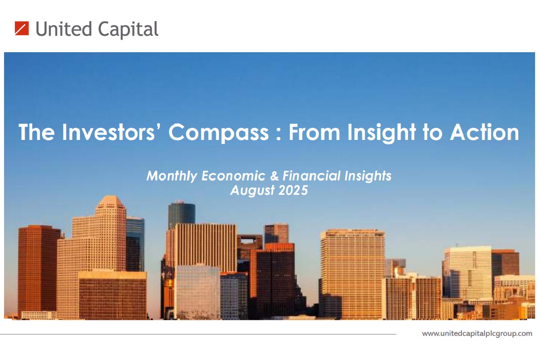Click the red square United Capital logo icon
pyautogui.click(x=22, y=28)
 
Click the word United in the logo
pyautogui.click(x=64, y=29)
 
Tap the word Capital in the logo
pyautogui.click(x=128, y=30)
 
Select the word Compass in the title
pyautogui.click(x=218, y=133)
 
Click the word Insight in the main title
pyautogui.click(x=382, y=133)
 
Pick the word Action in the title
pyautogui.click(x=485, y=132)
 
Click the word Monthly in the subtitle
pyautogui.click(x=172, y=176)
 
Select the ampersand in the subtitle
pyautogui.click(x=274, y=175)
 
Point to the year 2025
pyautogui.click(x=293, y=190)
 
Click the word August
pyautogui.click(x=252, y=191)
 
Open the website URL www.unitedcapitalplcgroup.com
pyautogui.click(x=477, y=334)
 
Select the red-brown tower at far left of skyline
pyautogui.click(x=38, y=268)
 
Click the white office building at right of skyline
pyautogui.click(x=467, y=272)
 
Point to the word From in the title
pyautogui.click(x=315, y=132)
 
